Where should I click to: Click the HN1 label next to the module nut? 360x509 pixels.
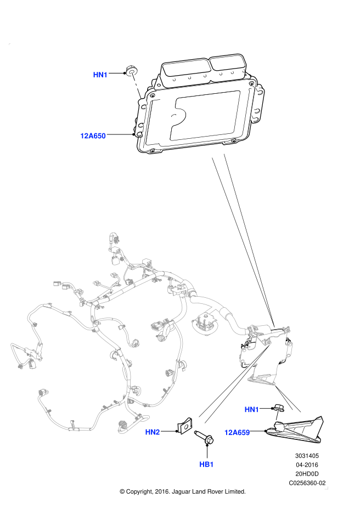point(100,75)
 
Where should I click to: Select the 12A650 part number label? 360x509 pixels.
point(93,135)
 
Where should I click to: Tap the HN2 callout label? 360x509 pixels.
point(153,432)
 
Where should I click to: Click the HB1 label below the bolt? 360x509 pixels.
point(206,465)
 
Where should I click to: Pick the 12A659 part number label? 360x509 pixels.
point(237,432)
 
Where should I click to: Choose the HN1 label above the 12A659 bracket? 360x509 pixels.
point(251,410)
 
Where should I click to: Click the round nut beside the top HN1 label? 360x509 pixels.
point(132,70)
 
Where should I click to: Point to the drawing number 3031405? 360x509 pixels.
point(307,456)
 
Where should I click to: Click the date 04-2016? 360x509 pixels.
point(307,465)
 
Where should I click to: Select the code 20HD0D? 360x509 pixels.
point(307,474)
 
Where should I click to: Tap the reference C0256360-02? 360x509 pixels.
point(307,483)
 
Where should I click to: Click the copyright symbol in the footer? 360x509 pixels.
point(122,492)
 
